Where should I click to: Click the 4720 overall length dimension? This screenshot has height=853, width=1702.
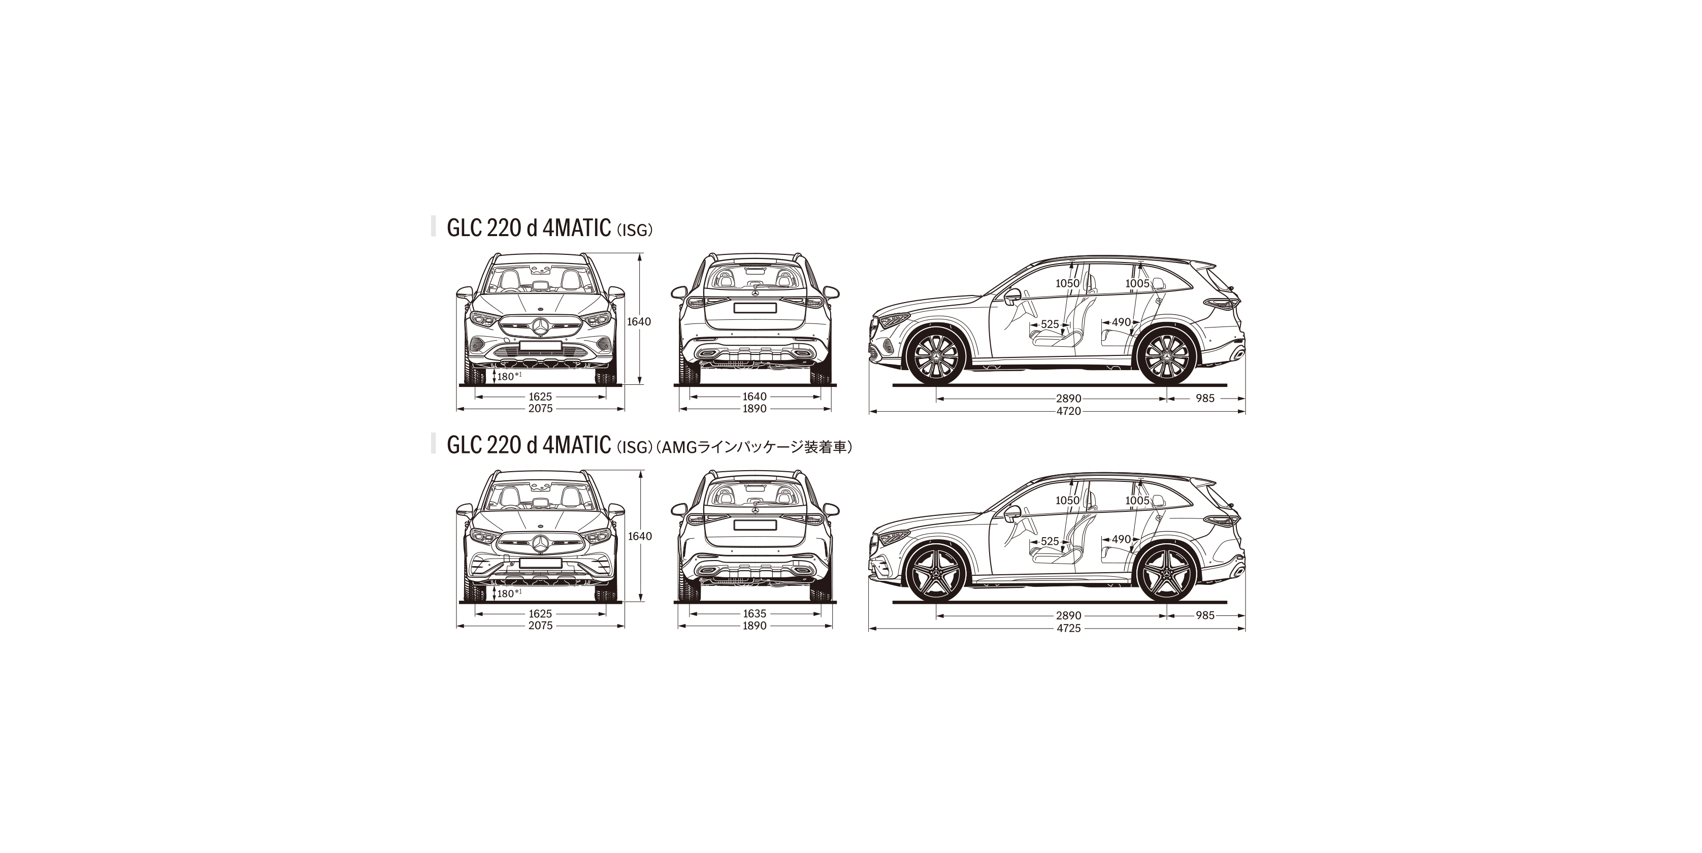[x=1068, y=411]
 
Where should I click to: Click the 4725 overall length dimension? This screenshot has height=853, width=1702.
[x=1068, y=629]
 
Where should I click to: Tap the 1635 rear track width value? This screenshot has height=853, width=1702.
[x=755, y=614]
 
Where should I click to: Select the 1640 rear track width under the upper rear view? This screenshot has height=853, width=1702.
[x=755, y=397]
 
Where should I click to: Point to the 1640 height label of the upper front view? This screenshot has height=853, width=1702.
[x=639, y=322]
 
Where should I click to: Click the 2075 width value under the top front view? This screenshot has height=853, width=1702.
[x=540, y=408]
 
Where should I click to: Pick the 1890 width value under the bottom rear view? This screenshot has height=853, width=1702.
[x=755, y=626]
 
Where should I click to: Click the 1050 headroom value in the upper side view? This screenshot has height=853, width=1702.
[x=1068, y=283]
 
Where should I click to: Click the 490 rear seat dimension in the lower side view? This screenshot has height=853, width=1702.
[x=1121, y=540]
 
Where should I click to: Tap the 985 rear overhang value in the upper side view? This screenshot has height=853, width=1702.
[x=1205, y=399]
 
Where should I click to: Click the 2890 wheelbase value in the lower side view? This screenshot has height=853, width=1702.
[x=1068, y=616]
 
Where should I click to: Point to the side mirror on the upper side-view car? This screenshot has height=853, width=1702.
[x=1011, y=297]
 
